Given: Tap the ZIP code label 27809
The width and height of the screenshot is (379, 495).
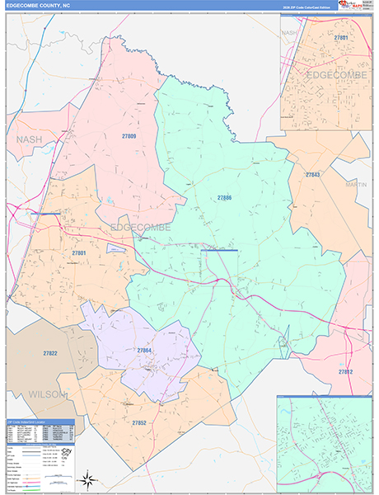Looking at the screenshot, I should pos(128,136).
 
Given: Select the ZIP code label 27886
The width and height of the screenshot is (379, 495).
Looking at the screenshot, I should pos(224,198).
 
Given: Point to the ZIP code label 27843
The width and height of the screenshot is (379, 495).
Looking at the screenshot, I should pos(312,175).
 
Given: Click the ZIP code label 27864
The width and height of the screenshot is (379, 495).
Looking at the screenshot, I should pos(144,351).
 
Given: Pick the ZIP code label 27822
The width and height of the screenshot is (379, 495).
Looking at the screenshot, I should pos(51,353).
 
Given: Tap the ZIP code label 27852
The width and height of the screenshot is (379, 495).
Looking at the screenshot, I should pos(139,422).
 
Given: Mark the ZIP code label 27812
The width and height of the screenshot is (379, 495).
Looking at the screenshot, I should pos(345,372).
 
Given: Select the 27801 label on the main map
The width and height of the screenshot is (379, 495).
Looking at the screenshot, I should pos(78,252).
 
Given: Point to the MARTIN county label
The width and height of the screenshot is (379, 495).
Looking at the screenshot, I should pos(356,185).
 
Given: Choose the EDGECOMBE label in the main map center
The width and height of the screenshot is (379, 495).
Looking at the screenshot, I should pos(141,227).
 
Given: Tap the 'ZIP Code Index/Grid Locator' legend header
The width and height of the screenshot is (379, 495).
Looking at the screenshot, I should pos(40,422).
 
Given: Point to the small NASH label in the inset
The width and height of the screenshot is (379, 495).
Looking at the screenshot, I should pos(288,32).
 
